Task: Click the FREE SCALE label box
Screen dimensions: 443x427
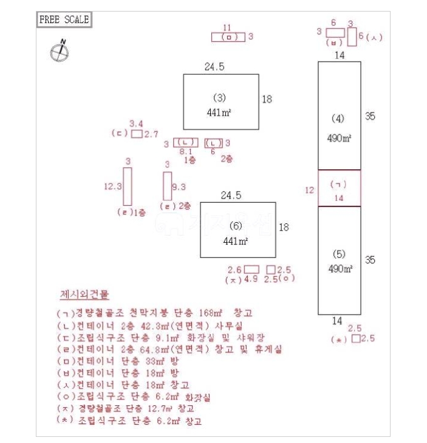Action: coord(64,19)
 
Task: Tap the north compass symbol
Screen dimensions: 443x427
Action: coord(58,51)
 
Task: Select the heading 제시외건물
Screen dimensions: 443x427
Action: coord(84,295)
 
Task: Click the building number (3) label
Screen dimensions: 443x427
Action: coord(220,97)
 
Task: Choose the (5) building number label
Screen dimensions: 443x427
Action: coord(339,254)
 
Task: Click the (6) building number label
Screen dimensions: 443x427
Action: coord(236,226)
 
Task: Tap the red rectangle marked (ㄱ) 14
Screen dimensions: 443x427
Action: coord(339,189)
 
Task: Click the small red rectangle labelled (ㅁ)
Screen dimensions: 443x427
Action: coord(228,37)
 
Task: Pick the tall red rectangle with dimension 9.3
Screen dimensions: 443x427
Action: coord(167,186)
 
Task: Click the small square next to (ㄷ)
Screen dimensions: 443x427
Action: coord(137,134)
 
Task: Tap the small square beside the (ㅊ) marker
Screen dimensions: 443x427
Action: coord(355,339)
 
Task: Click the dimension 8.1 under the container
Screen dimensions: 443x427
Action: coord(186,152)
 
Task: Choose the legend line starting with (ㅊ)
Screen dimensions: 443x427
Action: coord(128,420)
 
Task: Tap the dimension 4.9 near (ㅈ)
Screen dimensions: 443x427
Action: coord(250,279)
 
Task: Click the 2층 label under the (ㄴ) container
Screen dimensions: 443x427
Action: coord(225,160)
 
